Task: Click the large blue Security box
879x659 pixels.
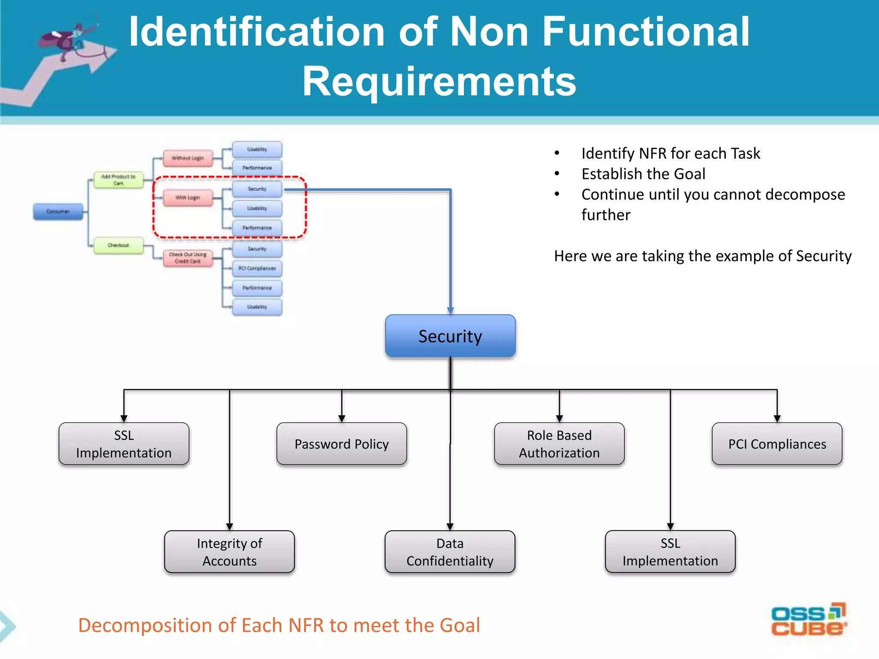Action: [450, 336]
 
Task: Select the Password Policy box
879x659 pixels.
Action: [342, 444]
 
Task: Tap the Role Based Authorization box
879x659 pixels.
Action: [559, 444]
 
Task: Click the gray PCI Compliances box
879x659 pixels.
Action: [777, 444]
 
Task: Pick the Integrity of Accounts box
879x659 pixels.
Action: [229, 552]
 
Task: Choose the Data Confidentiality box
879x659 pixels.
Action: [450, 552]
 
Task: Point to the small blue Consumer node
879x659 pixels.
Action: [58, 212]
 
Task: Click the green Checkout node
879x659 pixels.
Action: [118, 245]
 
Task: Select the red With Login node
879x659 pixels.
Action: [188, 198]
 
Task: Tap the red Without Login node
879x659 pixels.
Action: [188, 158]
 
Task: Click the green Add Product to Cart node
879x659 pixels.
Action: [118, 180]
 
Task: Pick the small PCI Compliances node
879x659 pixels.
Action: [257, 268]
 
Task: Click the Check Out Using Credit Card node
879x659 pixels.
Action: [188, 258]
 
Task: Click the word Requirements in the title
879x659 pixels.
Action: [439, 82]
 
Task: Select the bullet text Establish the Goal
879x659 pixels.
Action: [643, 174]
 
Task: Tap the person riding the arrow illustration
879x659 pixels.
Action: [69, 39]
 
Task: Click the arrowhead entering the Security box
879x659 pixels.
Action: [450, 311]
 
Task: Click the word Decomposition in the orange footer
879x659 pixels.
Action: [145, 625]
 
